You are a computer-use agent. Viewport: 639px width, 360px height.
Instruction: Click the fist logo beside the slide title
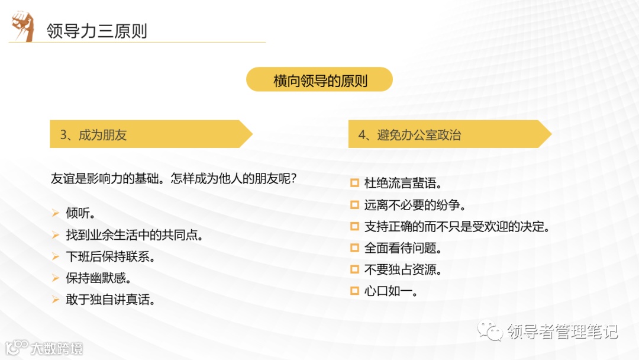22,27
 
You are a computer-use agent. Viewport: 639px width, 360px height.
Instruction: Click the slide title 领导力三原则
97,31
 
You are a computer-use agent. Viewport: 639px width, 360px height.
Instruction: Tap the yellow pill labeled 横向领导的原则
319,80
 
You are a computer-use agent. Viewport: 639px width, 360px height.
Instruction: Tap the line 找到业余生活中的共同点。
135,235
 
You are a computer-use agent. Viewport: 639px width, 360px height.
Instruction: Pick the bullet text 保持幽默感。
98,278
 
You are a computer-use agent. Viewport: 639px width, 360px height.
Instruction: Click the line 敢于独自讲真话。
111,300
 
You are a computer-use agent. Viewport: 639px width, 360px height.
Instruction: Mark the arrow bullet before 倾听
55,213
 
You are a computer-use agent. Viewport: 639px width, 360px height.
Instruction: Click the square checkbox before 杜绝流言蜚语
354,183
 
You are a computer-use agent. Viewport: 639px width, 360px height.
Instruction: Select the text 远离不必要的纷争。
415,205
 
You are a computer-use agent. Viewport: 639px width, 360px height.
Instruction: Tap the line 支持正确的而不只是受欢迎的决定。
457,226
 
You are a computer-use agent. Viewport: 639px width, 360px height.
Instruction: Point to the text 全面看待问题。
403,248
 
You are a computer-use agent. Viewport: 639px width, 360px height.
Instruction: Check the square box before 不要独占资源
354,269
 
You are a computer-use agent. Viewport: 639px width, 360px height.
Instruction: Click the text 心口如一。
391,291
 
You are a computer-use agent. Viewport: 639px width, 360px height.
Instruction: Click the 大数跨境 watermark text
57,348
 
